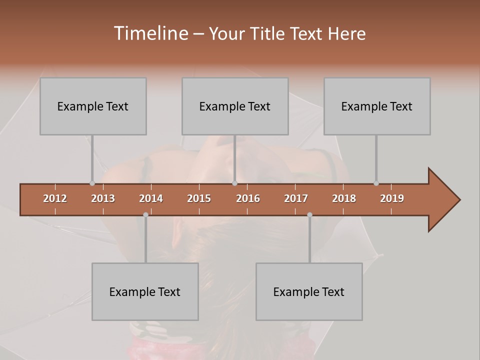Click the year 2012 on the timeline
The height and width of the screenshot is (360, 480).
55,198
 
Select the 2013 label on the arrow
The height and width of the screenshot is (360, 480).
103,198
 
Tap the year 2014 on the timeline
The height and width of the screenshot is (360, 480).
151,198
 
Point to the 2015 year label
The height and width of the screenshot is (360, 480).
199,198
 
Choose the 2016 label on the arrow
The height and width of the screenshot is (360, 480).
248,198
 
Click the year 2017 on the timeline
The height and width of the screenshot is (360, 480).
296,198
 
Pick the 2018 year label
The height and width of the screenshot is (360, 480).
344,198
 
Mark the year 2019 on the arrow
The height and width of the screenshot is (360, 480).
392,198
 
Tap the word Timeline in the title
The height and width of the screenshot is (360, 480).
150,33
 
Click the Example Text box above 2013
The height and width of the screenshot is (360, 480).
93,106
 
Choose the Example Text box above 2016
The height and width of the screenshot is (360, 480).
235,106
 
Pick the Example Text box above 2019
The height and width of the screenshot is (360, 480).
377,106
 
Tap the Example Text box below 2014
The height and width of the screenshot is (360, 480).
145,291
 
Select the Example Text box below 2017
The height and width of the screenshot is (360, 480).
309,291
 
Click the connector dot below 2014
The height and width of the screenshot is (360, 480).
145,214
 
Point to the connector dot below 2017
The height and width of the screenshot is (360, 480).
309,214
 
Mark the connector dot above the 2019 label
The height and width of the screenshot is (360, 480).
376,183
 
